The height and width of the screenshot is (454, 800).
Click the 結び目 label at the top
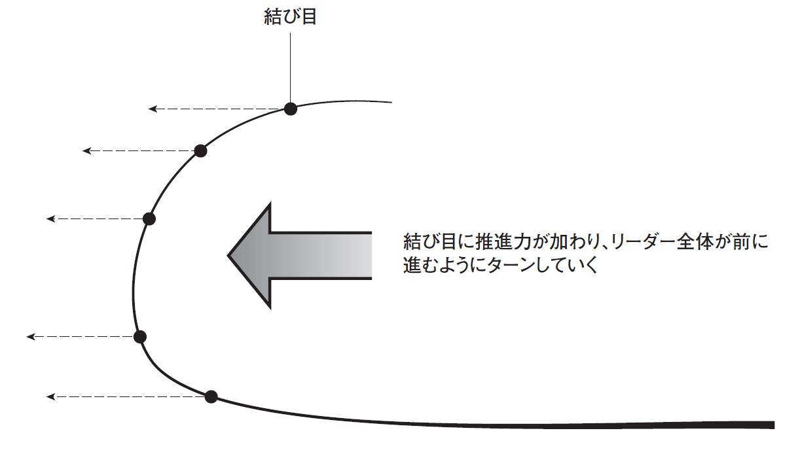tap(290, 17)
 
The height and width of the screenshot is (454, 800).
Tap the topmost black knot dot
tap(291, 109)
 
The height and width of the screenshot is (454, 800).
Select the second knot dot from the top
tap(201, 151)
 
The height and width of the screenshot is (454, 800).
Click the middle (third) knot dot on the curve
tap(149, 218)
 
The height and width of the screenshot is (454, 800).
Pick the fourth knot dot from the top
tap(139, 336)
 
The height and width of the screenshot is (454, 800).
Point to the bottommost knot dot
tap(211, 396)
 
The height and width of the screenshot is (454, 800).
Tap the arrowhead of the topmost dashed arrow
tap(152, 109)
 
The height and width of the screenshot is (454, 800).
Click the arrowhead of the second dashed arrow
tap(86, 151)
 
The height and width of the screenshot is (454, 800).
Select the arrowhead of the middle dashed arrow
tap(50, 218)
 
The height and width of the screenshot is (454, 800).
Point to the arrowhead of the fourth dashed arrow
tap(30, 336)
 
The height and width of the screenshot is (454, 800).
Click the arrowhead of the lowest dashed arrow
tap(50, 396)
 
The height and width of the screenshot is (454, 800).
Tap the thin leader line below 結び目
tap(290, 65)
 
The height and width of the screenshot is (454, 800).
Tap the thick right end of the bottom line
tap(770, 425)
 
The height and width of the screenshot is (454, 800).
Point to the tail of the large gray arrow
tap(367, 255)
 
